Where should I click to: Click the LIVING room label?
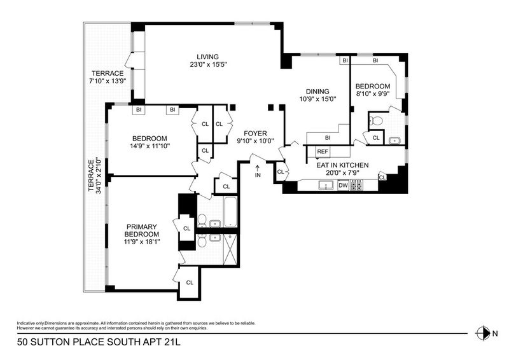coord(208,57)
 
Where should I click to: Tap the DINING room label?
coord(317,92)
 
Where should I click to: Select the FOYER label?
coord(256,134)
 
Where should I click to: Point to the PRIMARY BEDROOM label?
coord(142,230)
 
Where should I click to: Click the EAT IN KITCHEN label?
coord(342,165)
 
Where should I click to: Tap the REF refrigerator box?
coord(323,151)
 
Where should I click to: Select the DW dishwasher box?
coord(343,185)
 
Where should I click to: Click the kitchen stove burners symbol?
coord(356,185)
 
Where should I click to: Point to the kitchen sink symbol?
coord(326,185)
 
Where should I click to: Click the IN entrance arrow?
coord(258,169)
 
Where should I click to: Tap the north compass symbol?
coord(483,333)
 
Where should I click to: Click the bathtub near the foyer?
coord(230,212)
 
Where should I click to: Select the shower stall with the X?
coord(230,249)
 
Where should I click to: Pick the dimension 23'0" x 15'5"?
coord(208,65)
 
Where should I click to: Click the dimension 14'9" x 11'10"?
coord(150,146)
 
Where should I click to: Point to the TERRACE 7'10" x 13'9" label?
coord(108,77)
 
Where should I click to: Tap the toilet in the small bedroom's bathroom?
coord(376,121)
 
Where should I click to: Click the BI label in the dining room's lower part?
coord(328,138)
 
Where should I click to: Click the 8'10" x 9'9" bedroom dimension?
coord(373,93)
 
